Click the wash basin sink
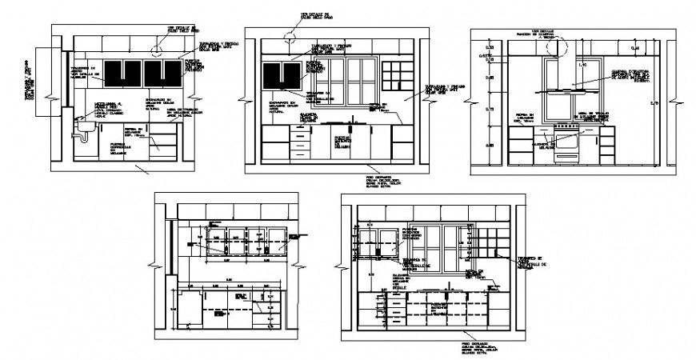point(82,126)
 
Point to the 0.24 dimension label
point(634,50)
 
